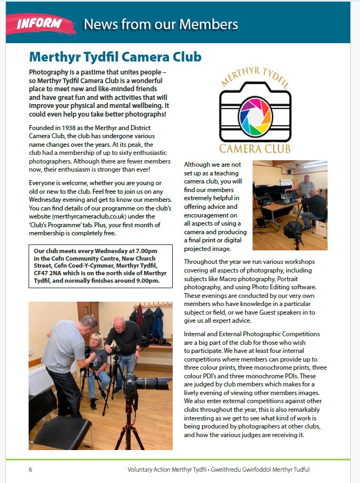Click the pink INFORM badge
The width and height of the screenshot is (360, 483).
(x=38, y=24)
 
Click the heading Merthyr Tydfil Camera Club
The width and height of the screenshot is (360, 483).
(x=116, y=57)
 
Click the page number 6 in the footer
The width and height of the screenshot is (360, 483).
(x=31, y=470)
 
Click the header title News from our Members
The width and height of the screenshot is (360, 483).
(x=161, y=24)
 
